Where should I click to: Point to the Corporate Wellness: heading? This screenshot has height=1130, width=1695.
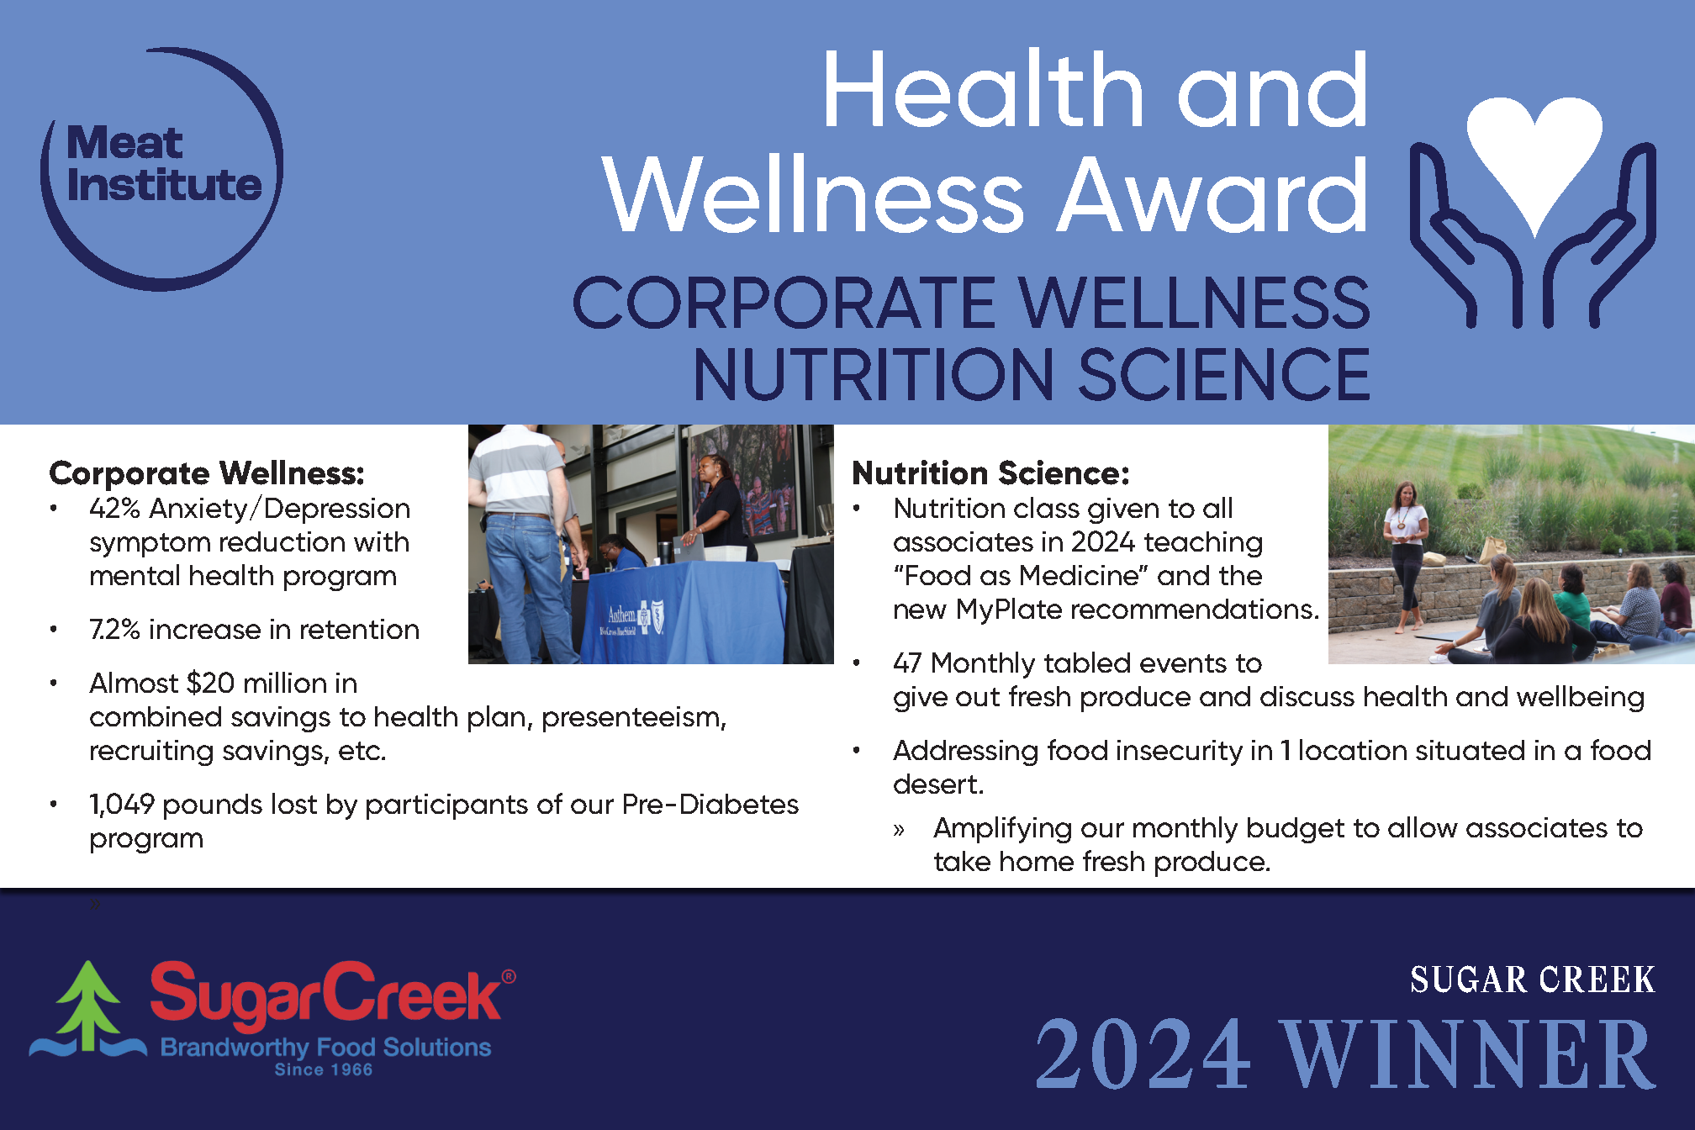tap(207, 473)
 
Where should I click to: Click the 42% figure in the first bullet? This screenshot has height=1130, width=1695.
tap(114, 509)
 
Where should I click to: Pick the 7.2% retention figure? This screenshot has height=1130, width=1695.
tap(114, 630)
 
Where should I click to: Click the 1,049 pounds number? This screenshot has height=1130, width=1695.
tap(122, 805)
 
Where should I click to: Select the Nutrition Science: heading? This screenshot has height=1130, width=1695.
tap(990, 473)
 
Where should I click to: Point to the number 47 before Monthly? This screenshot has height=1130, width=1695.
tap(907, 663)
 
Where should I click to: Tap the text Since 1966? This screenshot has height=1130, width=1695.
tap(324, 1069)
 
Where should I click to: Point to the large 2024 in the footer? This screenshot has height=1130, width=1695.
tap(1143, 1054)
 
